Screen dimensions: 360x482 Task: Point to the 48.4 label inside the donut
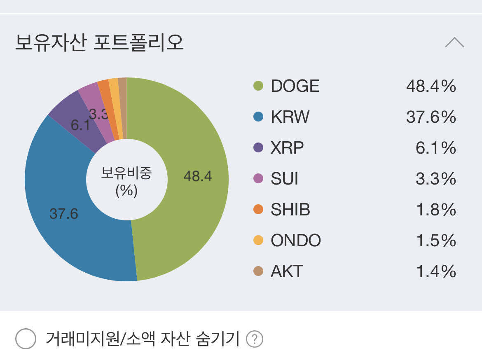click(x=198, y=176)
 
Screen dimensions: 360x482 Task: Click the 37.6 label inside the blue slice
click(x=64, y=214)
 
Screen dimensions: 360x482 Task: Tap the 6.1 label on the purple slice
click(x=80, y=125)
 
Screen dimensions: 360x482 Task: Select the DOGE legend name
click(x=295, y=86)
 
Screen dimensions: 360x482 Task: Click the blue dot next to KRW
click(x=258, y=117)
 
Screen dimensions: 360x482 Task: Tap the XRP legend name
click(x=287, y=148)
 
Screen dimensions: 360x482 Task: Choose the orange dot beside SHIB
click(x=258, y=210)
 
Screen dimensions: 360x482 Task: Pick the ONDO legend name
click(x=296, y=241)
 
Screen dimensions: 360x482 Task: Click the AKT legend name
click(x=287, y=271)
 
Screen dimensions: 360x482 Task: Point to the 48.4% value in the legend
click(x=431, y=86)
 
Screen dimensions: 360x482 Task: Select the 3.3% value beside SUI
click(x=436, y=179)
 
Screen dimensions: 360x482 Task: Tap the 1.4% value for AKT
click(x=436, y=271)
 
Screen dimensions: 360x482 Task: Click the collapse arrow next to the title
click(x=454, y=42)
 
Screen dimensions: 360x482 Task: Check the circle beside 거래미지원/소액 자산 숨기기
click(x=26, y=339)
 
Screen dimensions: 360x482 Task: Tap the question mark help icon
click(x=254, y=339)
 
